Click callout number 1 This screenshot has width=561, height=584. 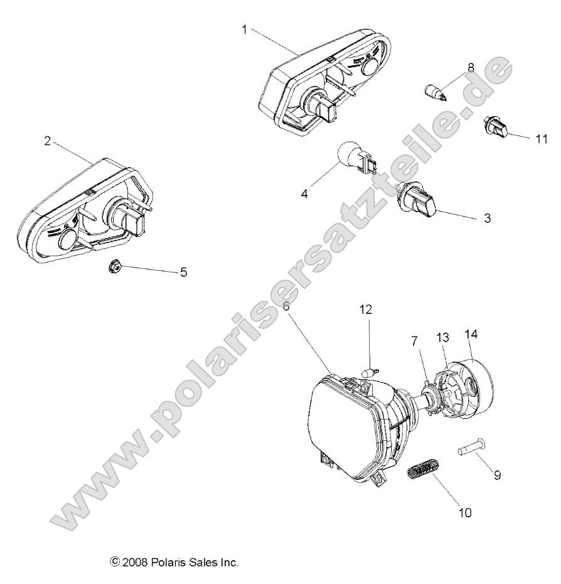click(244, 29)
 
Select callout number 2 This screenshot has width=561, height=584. click(47, 141)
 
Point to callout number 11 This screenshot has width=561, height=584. click(541, 139)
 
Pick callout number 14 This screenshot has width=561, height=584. click(471, 335)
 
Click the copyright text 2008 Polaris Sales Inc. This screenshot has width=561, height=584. click(174, 562)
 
